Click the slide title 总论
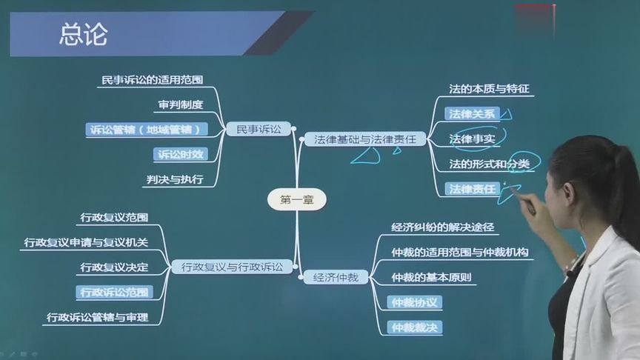click(x=84, y=34)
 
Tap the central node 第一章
click(x=296, y=199)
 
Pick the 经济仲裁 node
click(x=336, y=277)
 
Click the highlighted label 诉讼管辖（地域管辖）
click(x=144, y=129)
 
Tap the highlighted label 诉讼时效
click(x=179, y=154)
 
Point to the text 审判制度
click(x=180, y=104)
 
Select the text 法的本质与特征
click(x=490, y=89)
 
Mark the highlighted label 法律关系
click(x=473, y=113)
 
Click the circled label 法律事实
click(x=472, y=139)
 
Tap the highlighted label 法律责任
click(x=473, y=189)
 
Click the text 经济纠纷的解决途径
click(x=443, y=227)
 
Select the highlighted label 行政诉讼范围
click(x=114, y=292)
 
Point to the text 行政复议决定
click(x=114, y=267)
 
